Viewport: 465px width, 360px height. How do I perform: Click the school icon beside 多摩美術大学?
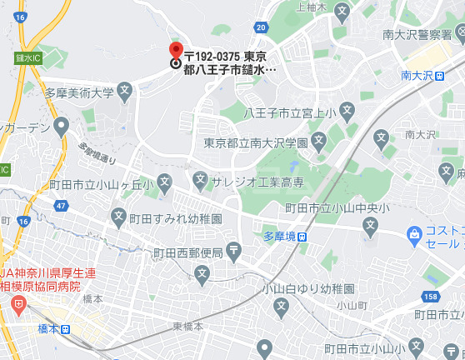coord(124,89)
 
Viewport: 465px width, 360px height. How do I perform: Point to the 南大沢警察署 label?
coord(417,34)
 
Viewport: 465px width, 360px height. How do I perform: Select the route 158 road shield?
coord(430,296)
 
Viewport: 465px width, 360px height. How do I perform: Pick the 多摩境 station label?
coord(280,236)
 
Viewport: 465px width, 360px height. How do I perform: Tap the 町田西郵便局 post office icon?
coord(233,251)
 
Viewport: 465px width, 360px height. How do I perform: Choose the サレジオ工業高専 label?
coord(251,180)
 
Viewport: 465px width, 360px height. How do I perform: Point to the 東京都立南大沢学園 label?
coord(256,143)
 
